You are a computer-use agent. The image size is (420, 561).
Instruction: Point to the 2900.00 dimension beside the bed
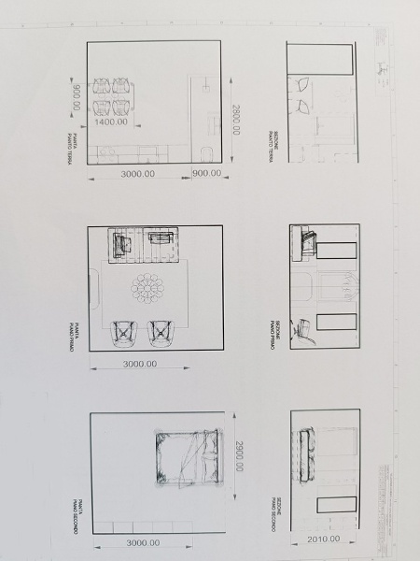click(x=239, y=458)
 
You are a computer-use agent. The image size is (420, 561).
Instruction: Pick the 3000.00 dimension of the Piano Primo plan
click(x=139, y=364)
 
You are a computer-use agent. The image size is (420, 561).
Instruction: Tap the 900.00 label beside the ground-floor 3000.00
click(x=205, y=173)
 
